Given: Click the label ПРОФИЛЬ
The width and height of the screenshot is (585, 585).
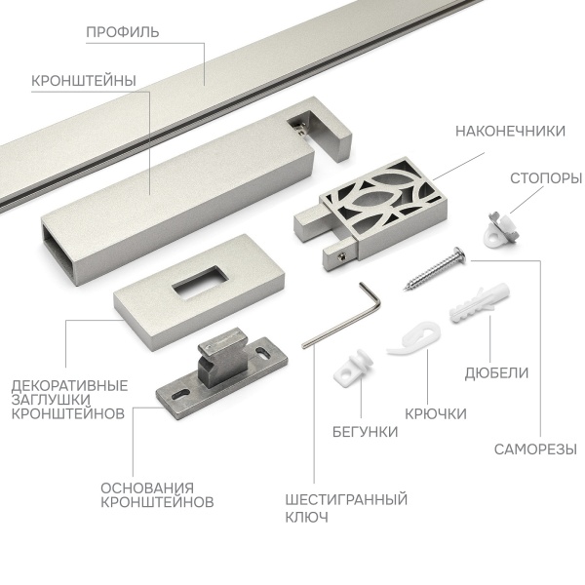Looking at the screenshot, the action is pos(123,32).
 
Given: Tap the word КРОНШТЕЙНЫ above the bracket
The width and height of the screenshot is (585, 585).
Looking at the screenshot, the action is pos(84,81).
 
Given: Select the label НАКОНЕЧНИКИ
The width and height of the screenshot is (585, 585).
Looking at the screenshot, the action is pos(510,132).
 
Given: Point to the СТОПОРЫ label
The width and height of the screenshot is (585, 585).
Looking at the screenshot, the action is pos(546,178).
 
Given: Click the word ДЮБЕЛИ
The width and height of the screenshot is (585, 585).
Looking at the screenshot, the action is pos(496,373).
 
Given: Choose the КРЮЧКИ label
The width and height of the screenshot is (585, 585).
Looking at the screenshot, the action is pos(436,414).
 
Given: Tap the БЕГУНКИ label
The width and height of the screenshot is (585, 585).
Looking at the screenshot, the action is pos(365,432).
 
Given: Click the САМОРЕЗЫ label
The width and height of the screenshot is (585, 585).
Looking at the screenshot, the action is pos(535,449).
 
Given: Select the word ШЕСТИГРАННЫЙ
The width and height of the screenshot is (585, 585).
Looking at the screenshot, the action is pos(346,499).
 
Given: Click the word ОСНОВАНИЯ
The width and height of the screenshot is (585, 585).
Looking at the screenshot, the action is pos(147,488).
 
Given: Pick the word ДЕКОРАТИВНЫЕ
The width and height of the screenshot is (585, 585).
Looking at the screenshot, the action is pos(69,385).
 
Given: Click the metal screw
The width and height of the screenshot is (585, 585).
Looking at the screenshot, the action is pos(435,268).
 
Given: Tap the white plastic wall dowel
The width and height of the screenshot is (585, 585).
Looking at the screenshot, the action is pos(480,302).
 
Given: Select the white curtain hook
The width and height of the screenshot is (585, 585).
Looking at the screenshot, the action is pos(413,337).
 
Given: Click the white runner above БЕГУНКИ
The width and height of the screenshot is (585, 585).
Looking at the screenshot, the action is pos(353,368).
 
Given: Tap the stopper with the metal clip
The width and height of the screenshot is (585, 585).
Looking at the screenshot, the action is pos(501,228).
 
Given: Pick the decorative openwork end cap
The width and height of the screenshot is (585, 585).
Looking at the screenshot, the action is pos(370,214).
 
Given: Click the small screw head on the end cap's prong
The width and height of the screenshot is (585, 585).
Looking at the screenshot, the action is pos(341,255).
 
